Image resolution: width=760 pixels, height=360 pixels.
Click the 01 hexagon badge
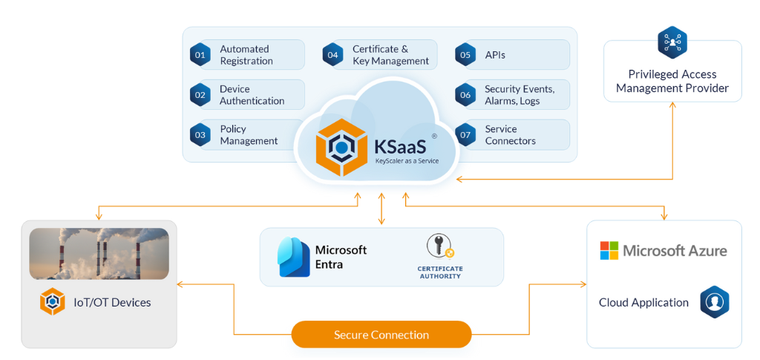(x=199, y=55)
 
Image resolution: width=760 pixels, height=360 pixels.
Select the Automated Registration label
(x=246, y=55)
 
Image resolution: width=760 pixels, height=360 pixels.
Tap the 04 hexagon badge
(x=332, y=55)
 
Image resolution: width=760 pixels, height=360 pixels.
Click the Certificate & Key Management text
(x=390, y=55)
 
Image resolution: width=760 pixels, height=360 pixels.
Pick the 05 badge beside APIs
(x=465, y=55)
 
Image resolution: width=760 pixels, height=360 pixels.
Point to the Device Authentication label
(x=252, y=95)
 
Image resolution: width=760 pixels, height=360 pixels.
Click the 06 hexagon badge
(x=465, y=95)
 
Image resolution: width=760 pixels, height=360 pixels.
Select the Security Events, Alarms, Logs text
(x=520, y=95)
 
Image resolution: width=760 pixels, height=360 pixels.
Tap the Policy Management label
(x=249, y=135)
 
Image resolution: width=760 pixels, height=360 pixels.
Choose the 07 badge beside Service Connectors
(x=465, y=135)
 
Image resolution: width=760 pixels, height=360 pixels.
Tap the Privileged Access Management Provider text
(x=672, y=82)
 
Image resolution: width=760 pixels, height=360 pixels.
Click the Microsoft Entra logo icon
(x=294, y=256)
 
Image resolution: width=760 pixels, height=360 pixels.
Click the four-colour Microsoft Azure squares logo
(x=609, y=250)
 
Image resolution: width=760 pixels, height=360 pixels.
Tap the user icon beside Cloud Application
(x=714, y=302)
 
